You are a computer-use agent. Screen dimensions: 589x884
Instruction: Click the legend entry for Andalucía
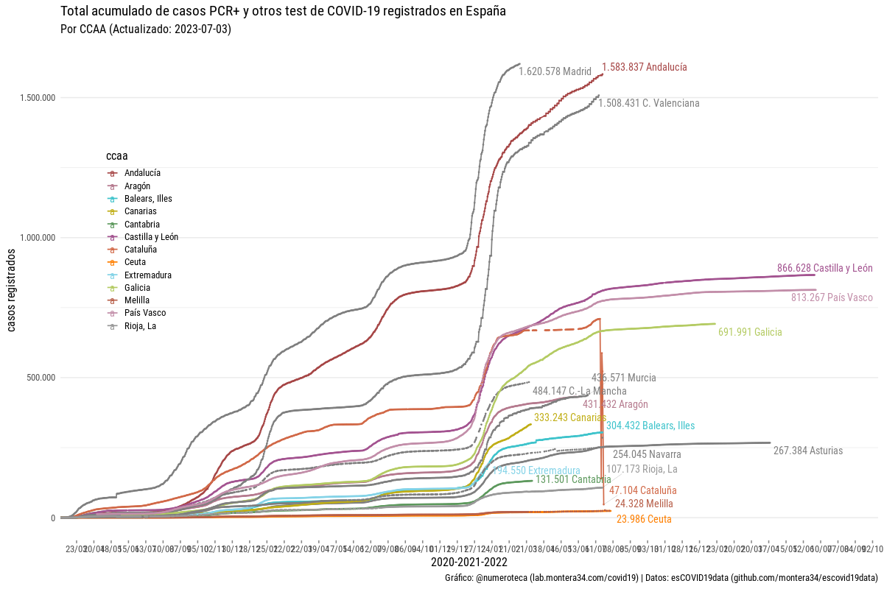pyautogui.click(x=142, y=173)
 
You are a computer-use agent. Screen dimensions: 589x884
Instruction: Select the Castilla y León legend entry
pyautogui.click(x=151, y=237)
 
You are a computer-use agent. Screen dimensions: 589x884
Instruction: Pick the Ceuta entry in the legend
pyautogui.click(x=135, y=262)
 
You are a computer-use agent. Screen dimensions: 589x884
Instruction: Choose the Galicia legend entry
pyautogui.click(x=137, y=288)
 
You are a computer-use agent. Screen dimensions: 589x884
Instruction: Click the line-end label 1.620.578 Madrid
pyautogui.click(x=555, y=71)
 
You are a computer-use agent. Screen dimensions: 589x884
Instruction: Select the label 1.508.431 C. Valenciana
pyautogui.click(x=648, y=104)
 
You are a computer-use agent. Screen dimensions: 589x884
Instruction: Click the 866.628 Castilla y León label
pyautogui.click(x=824, y=268)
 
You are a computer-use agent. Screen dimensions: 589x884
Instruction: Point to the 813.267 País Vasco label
pyautogui.click(x=832, y=298)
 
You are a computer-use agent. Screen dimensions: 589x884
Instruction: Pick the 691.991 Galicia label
pyautogui.click(x=750, y=333)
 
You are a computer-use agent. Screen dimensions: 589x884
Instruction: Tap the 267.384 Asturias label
pyautogui.click(x=807, y=451)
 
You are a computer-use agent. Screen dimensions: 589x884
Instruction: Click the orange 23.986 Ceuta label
pyautogui.click(x=643, y=519)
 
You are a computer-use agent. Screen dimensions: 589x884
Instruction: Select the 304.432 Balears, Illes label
pyautogui.click(x=650, y=426)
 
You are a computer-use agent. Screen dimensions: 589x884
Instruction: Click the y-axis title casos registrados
pyautogui.click(x=13, y=289)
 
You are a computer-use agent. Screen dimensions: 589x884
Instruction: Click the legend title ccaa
pyautogui.click(x=116, y=156)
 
